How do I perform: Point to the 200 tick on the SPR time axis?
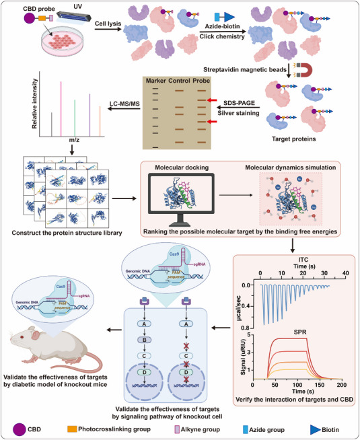point(341,397)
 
